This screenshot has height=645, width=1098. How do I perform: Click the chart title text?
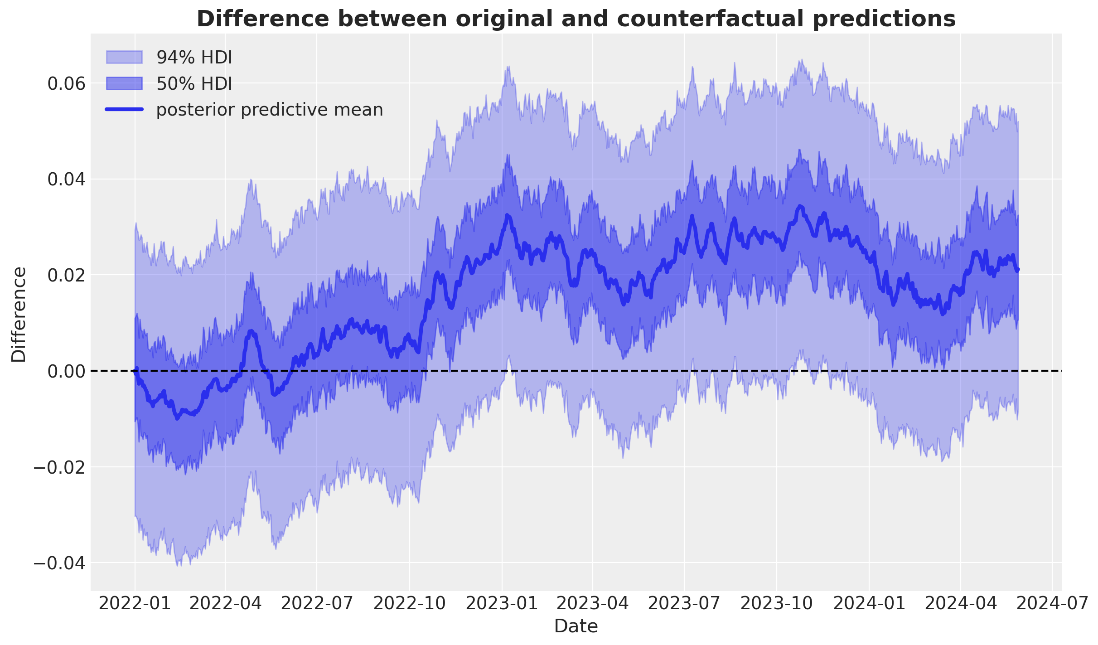[x=576, y=19]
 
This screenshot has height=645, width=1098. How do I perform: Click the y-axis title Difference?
[x=19, y=315]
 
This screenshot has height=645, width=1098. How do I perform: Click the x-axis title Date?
[x=576, y=626]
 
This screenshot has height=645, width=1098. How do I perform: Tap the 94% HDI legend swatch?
[x=124, y=57]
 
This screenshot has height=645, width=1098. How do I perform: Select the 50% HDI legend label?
[x=194, y=84]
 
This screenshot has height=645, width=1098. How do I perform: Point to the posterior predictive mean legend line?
[x=124, y=110]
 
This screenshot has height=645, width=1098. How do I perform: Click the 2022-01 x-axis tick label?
[x=135, y=604]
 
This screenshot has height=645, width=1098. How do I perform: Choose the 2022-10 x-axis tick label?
[x=409, y=604]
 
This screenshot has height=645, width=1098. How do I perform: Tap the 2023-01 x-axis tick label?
[x=502, y=604]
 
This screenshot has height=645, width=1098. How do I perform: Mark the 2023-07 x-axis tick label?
[x=684, y=604]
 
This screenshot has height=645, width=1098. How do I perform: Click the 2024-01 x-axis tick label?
[x=869, y=604]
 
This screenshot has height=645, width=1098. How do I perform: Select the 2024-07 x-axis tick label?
[x=1052, y=604]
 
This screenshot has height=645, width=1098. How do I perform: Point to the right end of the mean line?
[x=1018, y=270]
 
